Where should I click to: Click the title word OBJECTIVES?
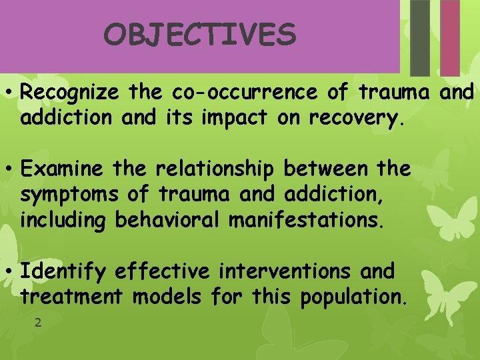pyautogui.click(x=199, y=35)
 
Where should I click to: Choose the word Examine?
pyautogui.click(x=62, y=169)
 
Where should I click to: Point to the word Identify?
pyautogui.click(x=63, y=272)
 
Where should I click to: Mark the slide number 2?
pyautogui.click(x=38, y=323)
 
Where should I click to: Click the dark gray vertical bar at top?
pyautogui.click(x=420, y=37)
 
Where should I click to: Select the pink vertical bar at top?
pyautogui.click(x=451, y=37)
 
